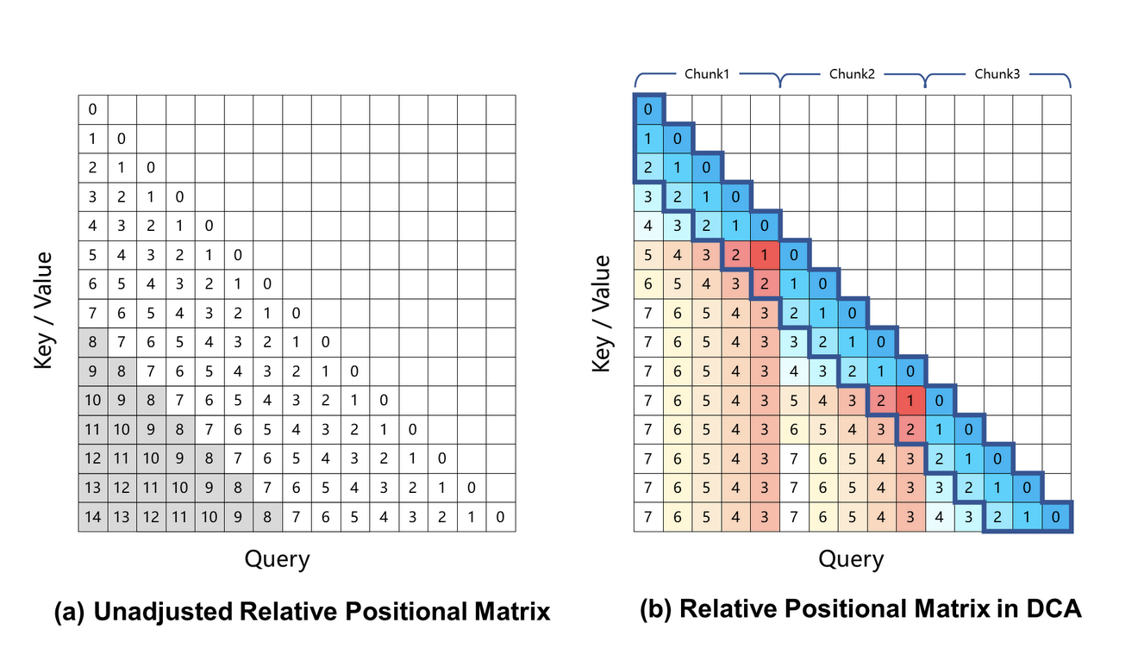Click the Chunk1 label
pos(707,74)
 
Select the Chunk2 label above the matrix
pos(852,74)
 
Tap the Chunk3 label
pos(997,74)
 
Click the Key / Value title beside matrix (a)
pos(44,310)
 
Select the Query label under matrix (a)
pos(277,559)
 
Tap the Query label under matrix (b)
pos(851,559)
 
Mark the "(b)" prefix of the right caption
pos(657,609)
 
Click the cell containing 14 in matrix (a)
pos(93,517)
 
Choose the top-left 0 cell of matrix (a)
pos(93,109)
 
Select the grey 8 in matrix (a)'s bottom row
pos(267,517)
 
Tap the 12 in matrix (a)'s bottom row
pos(151,517)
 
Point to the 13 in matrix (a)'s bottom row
pos(122,517)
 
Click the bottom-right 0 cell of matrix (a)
pos(500,517)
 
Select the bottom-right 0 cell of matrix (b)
pos(1056,517)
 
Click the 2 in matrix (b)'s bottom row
pos(997,517)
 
